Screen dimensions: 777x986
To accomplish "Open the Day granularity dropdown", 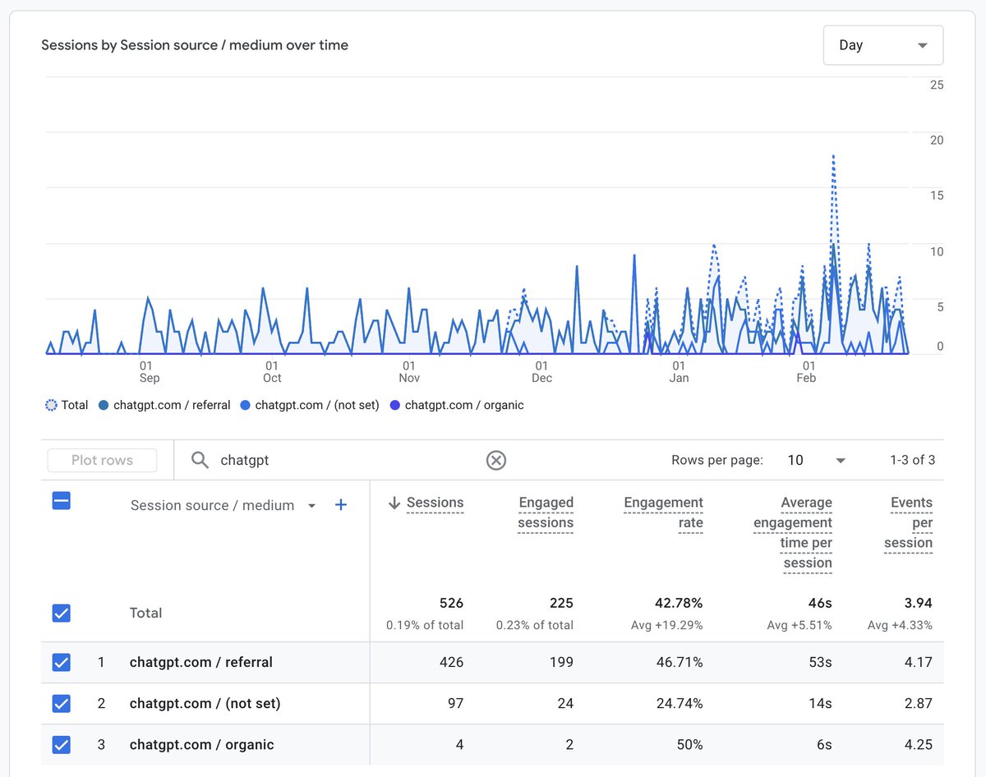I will tap(882, 45).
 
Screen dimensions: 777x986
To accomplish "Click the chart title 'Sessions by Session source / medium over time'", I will tap(195, 45).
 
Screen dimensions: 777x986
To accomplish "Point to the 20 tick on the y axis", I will tap(936, 140).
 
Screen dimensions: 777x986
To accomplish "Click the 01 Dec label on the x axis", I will tap(541, 371).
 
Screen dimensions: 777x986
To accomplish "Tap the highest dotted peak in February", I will tap(833, 156).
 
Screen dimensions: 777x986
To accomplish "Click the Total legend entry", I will tap(67, 405).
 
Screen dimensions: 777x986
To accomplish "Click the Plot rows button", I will tap(102, 460).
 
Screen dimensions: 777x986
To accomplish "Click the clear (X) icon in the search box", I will tap(495, 460).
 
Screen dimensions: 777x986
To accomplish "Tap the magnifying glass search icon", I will tap(200, 460).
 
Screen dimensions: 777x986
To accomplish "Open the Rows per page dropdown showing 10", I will tap(815, 460).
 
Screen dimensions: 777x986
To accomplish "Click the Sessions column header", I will tap(435, 503).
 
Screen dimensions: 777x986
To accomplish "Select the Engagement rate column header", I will tap(663, 513).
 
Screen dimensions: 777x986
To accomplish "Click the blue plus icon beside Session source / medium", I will tap(341, 505).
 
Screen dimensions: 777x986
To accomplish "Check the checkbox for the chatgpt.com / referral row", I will tap(62, 662).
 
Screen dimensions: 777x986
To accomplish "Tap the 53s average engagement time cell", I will tap(819, 662).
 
